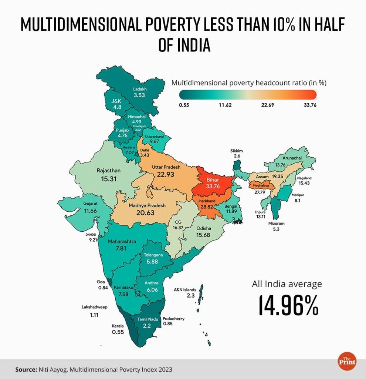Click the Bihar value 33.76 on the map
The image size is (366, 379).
[213, 187]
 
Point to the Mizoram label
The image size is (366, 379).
[277, 224]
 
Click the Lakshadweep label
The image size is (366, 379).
[95, 306]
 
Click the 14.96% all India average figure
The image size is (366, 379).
[287, 305]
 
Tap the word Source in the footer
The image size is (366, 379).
[24, 369]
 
